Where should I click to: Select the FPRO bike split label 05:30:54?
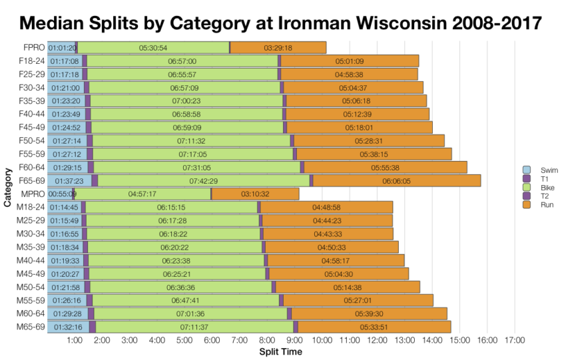(x=153, y=48)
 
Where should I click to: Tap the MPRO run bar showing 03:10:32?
(x=255, y=194)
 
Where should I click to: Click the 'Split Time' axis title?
(x=280, y=352)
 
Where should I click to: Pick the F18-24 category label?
(x=31, y=61)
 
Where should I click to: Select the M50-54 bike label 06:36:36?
(x=180, y=287)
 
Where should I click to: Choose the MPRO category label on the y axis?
(x=33, y=194)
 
